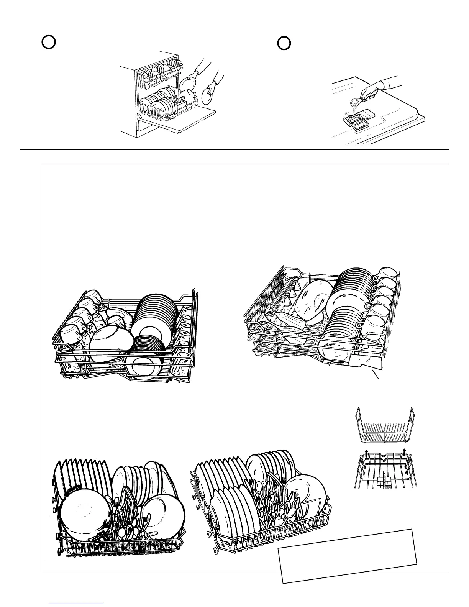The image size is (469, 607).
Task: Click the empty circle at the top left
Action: click(x=49, y=42)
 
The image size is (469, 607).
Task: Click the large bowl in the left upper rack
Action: click(x=111, y=343)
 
